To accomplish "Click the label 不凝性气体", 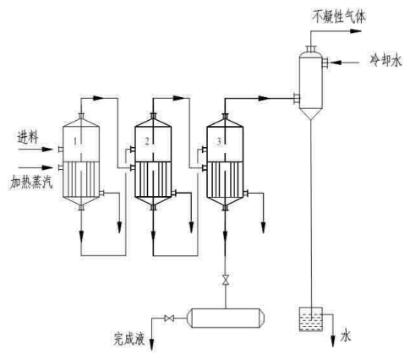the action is point(339,16).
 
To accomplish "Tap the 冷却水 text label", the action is point(385,60).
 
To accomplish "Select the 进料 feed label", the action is point(27,137).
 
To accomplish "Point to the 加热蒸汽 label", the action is point(31,183).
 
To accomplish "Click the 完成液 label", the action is point(129,338).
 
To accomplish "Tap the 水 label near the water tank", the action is point(346,336).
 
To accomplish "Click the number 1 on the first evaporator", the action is point(75,141).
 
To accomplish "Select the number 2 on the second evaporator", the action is point(146,141).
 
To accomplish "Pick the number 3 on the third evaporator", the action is point(219,141).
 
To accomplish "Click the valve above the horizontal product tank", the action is point(225,279).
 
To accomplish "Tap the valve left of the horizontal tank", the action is point(169,319).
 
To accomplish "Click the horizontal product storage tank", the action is point(226,318).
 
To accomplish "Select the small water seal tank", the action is point(310,319).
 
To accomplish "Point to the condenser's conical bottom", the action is point(310,115).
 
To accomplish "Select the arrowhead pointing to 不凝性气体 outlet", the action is point(356,31).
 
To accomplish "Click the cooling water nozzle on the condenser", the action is point(325,63).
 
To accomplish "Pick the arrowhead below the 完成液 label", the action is point(152,345).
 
